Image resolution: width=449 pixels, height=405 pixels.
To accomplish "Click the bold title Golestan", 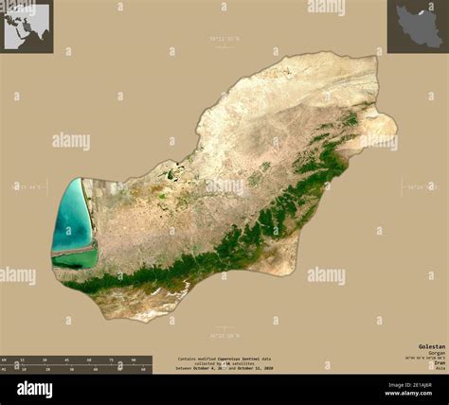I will [x=430, y=346].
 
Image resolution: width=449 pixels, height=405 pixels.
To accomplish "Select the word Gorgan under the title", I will [x=435, y=353].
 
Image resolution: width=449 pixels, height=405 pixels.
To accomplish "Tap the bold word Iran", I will [x=438, y=362].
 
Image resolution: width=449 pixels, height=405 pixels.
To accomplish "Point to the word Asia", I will [x=440, y=369].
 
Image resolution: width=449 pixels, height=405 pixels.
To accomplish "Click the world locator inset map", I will [x=26, y=26].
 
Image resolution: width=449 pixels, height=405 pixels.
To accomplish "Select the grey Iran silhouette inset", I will [x=418, y=26].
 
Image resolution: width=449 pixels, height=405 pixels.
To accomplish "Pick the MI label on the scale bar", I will [x=4, y=369].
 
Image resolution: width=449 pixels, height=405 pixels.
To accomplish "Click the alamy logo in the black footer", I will [x=34, y=389].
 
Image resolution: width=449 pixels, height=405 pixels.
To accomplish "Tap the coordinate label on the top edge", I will [x=224, y=38].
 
